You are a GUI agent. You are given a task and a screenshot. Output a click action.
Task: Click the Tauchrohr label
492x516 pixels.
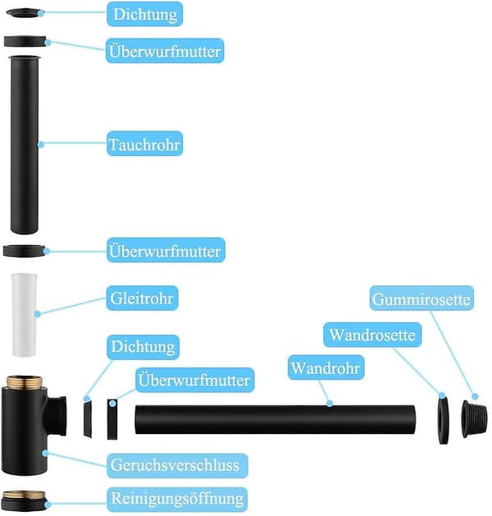pyautogui.click(x=144, y=144)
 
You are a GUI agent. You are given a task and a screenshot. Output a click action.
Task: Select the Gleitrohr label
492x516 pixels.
pyautogui.click(x=142, y=298)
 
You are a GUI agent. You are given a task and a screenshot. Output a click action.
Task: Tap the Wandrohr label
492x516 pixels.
pyautogui.click(x=326, y=368)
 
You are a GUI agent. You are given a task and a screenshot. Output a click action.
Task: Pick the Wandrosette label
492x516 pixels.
pyautogui.click(x=372, y=335)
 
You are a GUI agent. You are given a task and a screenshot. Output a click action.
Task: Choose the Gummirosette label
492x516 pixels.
pyautogui.click(x=421, y=299)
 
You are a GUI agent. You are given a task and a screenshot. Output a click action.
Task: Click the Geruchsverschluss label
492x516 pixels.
pyautogui.click(x=177, y=466)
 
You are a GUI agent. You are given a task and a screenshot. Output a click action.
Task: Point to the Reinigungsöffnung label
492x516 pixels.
pyautogui.click(x=177, y=499)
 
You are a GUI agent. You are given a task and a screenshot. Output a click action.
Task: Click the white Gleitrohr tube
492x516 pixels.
pyautogui.click(x=24, y=314)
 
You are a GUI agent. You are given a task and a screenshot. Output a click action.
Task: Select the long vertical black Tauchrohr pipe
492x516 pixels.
pyautogui.click(x=25, y=145)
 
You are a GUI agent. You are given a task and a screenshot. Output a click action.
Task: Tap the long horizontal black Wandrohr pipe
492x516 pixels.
pyautogui.click(x=276, y=419)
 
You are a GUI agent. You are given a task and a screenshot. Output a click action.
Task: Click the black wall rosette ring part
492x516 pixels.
pyautogui.click(x=444, y=420)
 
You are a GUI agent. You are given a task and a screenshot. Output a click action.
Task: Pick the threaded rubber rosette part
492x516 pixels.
pyautogui.click(x=474, y=419)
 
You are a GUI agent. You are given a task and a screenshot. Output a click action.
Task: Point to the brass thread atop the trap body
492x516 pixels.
pyautogui.click(x=25, y=381)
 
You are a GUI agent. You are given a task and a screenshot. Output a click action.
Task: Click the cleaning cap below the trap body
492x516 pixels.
pyautogui.click(x=24, y=500)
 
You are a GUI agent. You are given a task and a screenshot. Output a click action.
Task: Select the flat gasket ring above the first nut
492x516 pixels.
pyautogui.click(x=24, y=13)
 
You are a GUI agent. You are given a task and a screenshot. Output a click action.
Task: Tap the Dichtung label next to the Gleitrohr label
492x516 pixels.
pyautogui.click(x=143, y=347)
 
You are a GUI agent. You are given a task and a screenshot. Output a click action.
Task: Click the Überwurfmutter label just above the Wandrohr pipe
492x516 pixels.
pyautogui.click(x=195, y=380)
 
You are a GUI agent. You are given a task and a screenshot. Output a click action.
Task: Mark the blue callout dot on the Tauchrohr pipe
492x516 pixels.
pyautogui.click(x=41, y=144)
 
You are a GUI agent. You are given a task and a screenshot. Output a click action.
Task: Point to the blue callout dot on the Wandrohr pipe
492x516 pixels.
pyautogui.click(x=330, y=403)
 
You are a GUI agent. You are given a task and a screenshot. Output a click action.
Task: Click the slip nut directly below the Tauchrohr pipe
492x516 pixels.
pyautogui.click(x=24, y=251)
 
